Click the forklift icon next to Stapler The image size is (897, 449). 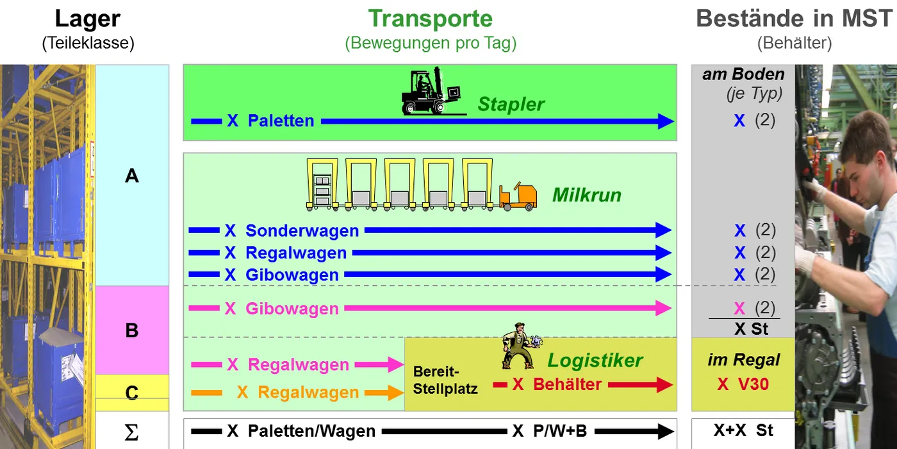tap(430, 91)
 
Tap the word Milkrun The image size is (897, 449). tap(587, 195)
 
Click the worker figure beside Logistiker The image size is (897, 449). tap(518, 346)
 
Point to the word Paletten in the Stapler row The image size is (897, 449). tap(281, 121)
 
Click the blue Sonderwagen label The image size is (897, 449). tap(302, 230)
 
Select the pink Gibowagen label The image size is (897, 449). tap(292, 309)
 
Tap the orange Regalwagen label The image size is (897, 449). tap(308, 393)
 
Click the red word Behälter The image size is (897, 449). tap(567, 384)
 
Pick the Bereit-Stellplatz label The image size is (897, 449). tap(445, 380)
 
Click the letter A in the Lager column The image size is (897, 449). tap(132, 175)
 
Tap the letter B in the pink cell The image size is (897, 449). tap(132, 330)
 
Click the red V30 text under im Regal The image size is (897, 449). tap(752, 384)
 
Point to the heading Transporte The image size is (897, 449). tap(430, 19)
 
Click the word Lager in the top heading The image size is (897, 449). tap(88, 19)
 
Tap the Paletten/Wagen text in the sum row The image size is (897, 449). tap(311, 432)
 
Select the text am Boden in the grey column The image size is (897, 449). tap(743, 74)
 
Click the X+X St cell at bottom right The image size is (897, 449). tap(743, 430)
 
